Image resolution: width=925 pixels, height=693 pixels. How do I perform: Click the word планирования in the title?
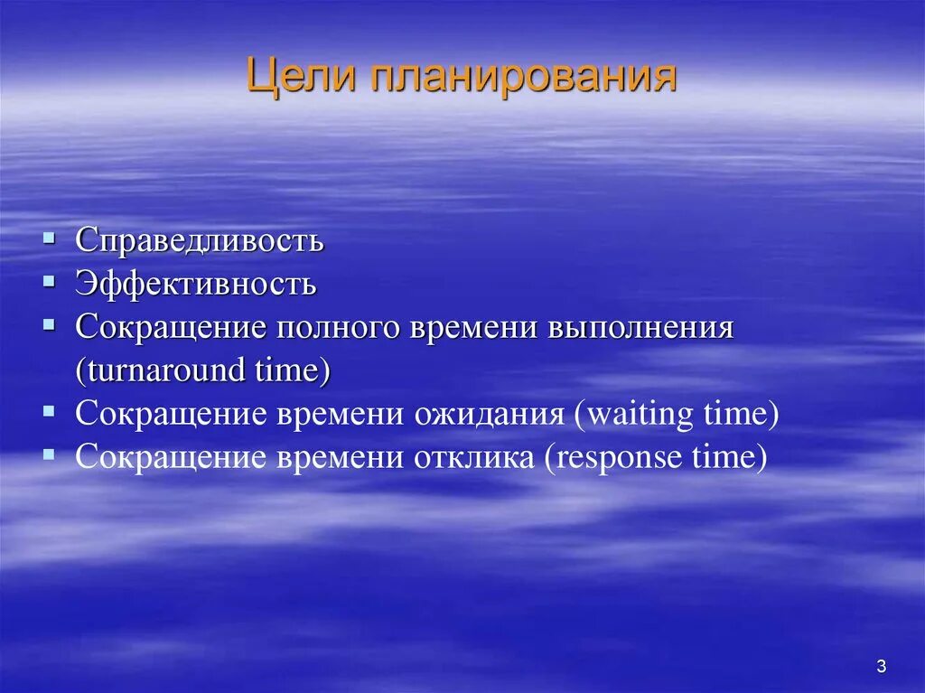[523, 78]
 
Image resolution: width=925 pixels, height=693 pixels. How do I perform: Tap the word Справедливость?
[200, 240]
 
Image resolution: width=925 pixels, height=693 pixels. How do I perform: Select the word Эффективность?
[196, 284]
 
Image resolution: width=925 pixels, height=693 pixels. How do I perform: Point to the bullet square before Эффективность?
[49, 282]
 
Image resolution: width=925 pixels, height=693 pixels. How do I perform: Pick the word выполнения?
[640, 327]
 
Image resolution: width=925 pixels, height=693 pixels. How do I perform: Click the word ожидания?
[490, 414]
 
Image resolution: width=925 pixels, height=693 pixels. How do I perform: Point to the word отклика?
[474, 457]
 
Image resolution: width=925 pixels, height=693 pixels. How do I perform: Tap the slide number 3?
[881, 667]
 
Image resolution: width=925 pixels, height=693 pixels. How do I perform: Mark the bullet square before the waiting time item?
[49, 412]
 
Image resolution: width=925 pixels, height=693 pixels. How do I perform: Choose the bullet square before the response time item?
[49, 455]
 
